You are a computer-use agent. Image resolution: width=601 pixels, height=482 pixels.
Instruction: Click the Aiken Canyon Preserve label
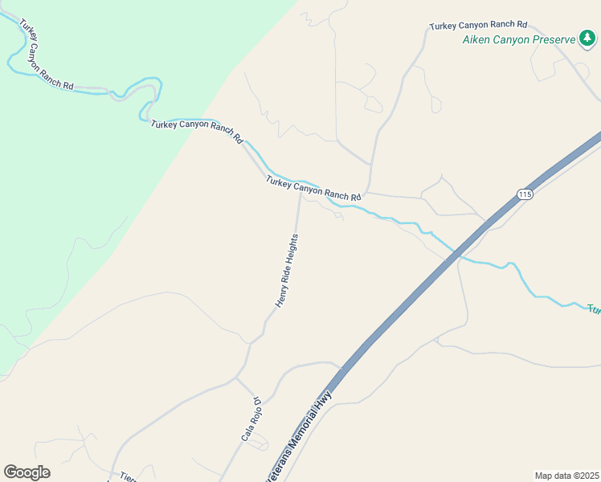[519, 39]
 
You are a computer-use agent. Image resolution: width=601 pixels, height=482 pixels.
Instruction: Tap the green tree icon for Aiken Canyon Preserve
[588, 38]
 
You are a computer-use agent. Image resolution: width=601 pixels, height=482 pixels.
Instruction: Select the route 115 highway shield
[525, 194]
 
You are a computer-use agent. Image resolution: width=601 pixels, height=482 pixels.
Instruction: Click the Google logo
[27, 472]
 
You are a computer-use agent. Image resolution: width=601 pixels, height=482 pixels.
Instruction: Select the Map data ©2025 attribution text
[566, 476]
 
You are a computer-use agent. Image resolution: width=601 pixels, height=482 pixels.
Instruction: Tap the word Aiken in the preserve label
[476, 39]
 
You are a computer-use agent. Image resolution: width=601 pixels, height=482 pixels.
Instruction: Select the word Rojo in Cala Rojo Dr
[252, 415]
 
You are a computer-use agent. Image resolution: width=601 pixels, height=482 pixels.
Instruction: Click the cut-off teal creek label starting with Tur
[594, 309]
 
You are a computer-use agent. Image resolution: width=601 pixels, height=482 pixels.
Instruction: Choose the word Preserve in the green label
[554, 39]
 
